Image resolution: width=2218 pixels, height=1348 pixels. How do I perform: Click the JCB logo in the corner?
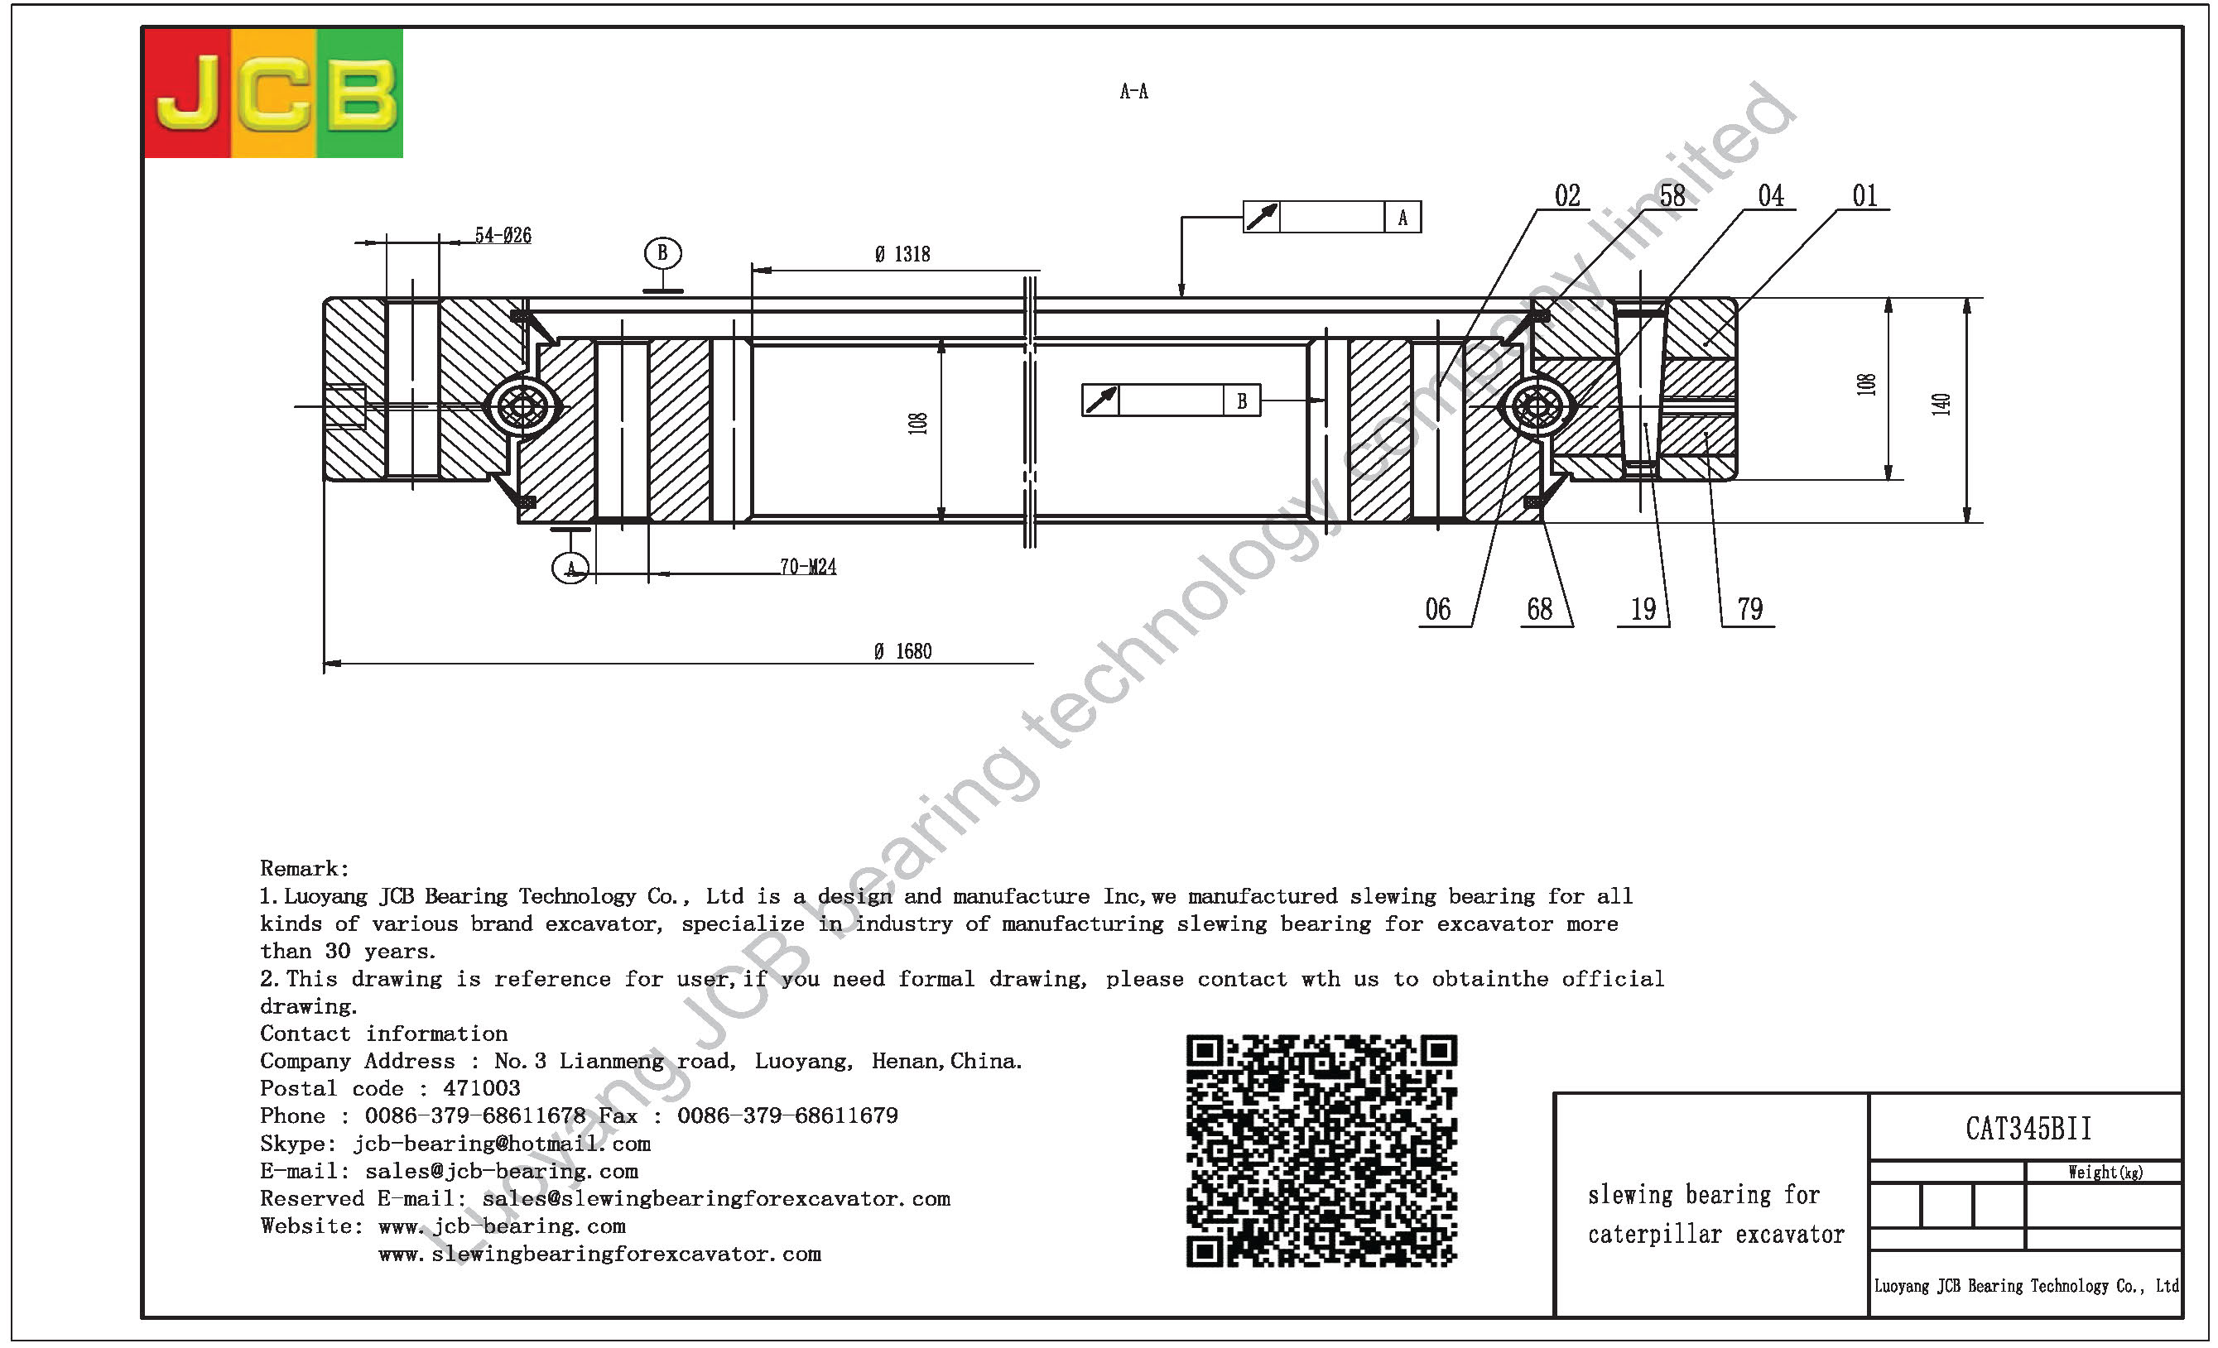tap(274, 93)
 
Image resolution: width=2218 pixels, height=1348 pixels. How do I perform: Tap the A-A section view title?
tap(1133, 91)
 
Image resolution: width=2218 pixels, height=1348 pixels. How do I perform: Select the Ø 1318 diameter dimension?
tap(902, 255)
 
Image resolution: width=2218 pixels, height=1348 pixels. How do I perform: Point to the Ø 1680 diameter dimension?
tap(903, 651)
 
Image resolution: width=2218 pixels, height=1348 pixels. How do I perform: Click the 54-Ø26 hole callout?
tap(503, 236)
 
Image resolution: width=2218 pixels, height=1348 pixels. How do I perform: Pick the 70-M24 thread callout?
tap(807, 567)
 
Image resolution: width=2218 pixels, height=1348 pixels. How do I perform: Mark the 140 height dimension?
tap(1941, 404)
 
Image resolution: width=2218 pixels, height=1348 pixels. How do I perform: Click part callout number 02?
tap(1567, 196)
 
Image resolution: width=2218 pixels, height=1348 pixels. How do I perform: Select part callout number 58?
tap(1672, 196)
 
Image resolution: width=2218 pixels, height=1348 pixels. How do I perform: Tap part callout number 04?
tap(1771, 196)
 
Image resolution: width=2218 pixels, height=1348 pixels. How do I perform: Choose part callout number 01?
tap(1864, 196)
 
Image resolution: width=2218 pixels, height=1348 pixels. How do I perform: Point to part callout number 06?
tap(1437, 610)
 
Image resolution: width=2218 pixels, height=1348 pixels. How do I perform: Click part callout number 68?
tap(1539, 610)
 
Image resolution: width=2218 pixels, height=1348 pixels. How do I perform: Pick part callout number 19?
tap(1643, 610)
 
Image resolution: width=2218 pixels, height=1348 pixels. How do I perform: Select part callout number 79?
tap(1750, 610)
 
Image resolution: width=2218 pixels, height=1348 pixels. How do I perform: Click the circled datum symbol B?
tap(662, 253)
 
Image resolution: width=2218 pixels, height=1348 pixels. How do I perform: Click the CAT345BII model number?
tap(2028, 1129)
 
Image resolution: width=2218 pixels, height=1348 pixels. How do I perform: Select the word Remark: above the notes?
tap(304, 868)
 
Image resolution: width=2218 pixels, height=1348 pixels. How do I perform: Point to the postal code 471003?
tap(482, 1089)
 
